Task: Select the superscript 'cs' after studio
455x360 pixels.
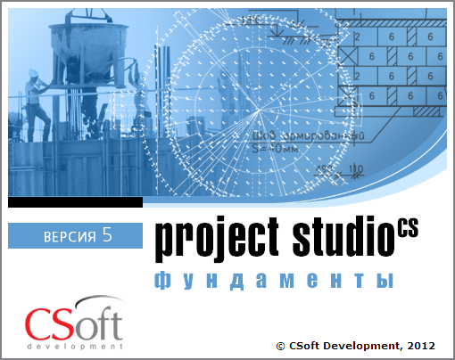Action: click(x=407, y=227)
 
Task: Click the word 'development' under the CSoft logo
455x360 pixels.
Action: click(x=74, y=344)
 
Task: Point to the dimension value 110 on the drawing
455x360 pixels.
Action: click(x=356, y=168)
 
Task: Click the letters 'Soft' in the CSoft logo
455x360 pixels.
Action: click(x=88, y=324)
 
